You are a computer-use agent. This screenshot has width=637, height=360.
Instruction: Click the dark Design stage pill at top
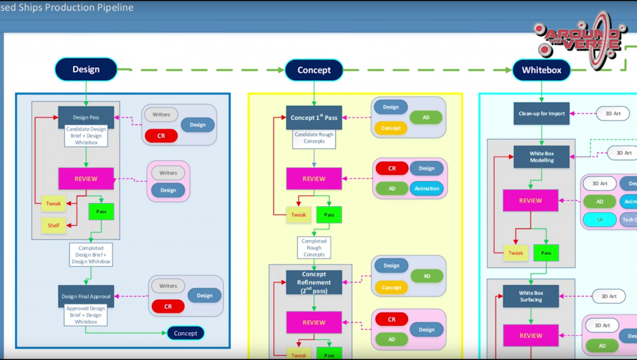click(86, 70)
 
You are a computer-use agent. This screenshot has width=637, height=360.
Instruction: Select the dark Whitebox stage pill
click(541, 70)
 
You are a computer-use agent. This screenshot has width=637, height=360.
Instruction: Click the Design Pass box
click(86, 117)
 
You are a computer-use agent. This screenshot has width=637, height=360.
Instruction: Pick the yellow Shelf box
click(53, 225)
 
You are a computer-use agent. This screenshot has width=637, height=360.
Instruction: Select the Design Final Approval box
click(86, 297)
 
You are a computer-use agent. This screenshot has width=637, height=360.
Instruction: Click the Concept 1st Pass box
click(314, 118)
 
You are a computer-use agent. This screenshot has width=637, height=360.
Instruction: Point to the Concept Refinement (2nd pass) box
click(314, 282)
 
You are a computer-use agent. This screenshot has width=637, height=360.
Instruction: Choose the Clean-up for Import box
click(541, 114)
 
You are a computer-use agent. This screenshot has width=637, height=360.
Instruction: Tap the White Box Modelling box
click(541, 157)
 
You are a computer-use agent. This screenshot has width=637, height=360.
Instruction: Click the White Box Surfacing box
click(531, 296)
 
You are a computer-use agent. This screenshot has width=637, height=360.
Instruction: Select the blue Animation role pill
click(427, 188)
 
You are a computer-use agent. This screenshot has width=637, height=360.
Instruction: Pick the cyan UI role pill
click(600, 219)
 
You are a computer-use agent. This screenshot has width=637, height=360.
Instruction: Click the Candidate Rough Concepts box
click(314, 138)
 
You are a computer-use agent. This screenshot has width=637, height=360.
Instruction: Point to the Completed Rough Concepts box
click(314, 247)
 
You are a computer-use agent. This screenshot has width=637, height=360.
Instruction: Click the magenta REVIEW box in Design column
click(86, 179)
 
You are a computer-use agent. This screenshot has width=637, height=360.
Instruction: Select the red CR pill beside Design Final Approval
click(168, 307)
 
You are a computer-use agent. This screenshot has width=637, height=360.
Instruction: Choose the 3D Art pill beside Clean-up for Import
click(613, 113)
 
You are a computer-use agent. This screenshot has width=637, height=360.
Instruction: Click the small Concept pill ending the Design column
click(185, 333)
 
